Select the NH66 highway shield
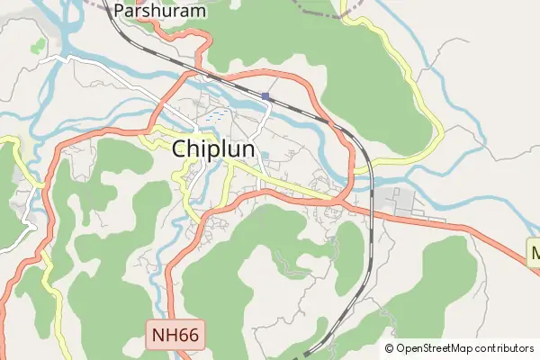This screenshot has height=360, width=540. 178,337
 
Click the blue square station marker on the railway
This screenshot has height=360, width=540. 265,95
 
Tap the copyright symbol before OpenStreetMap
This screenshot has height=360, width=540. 390,348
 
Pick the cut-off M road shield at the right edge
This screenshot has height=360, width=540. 533,250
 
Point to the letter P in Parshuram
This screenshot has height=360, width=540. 119,12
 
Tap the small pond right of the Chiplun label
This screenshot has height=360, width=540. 265,155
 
